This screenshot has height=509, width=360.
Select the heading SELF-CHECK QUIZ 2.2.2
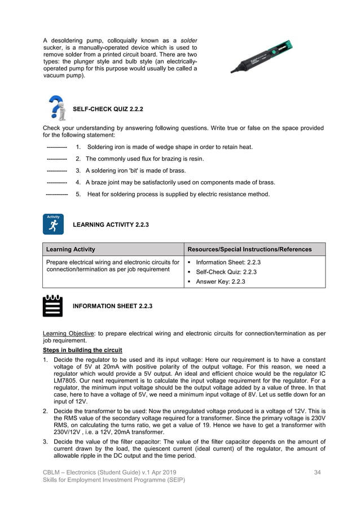(108, 109)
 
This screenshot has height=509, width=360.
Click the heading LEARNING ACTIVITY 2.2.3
(111, 225)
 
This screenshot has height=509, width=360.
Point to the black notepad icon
(52, 305)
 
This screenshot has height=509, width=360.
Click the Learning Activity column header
(71, 249)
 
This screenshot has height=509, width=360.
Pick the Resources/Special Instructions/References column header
(249, 249)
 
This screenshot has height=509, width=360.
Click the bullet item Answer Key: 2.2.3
(220, 282)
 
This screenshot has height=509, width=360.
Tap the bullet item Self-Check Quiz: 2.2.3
(226, 272)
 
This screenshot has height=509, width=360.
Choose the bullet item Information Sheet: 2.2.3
(228, 262)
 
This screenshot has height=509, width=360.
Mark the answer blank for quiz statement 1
(57, 148)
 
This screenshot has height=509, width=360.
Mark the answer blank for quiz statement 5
(57, 195)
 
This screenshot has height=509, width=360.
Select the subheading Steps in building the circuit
(82, 350)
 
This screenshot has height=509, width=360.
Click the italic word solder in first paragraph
(189, 42)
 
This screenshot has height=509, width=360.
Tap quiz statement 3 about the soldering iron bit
(135, 170)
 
